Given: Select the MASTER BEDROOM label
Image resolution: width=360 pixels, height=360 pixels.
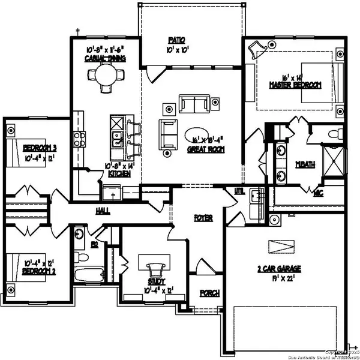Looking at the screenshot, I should click(295, 85).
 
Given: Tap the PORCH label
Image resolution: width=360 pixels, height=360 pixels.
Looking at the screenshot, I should click(209, 293).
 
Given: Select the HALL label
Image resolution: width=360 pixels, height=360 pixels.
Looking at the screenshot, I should click(103, 211).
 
